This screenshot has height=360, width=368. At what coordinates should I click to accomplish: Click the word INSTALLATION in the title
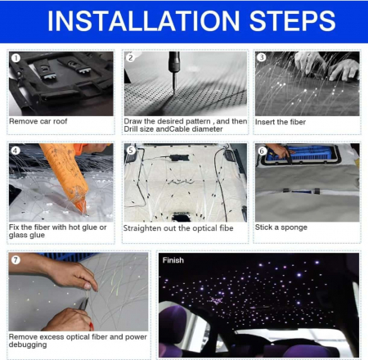click(x=143, y=21)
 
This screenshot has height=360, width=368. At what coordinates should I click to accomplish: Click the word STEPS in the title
click(x=292, y=21)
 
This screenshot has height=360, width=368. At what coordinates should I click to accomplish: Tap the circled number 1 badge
click(x=16, y=58)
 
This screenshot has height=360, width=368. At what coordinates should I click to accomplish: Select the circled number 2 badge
click(x=131, y=57)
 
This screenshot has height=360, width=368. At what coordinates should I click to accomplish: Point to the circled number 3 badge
click(x=262, y=57)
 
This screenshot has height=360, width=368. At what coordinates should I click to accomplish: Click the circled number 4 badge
click(x=16, y=151)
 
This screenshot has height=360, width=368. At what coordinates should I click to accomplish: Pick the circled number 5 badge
click(x=131, y=150)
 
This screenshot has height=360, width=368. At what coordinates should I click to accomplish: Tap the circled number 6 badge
click(x=262, y=151)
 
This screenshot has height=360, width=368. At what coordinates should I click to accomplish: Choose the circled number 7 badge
click(x=16, y=260)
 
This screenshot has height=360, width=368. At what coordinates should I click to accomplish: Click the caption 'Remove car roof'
click(x=38, y=121)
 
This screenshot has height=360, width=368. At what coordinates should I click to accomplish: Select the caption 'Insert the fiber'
click(x=280, y=122)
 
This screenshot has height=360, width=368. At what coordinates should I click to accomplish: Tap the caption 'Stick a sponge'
click(x=281, y=227)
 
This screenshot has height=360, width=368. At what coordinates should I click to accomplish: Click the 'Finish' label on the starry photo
click(x=173, y=260)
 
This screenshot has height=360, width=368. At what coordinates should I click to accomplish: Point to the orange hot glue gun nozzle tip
click(x=85, y=213)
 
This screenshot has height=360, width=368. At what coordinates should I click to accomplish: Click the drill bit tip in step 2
click(x=173, y=93)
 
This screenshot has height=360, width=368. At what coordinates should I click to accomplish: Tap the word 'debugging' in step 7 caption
click(x=28, y=344)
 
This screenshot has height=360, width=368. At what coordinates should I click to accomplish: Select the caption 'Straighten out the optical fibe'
click(x=178, y=228)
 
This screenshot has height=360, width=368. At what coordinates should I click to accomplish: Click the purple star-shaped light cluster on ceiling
click(x=217, y=300)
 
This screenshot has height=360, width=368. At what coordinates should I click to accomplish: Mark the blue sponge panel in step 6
click(x=299, y=153)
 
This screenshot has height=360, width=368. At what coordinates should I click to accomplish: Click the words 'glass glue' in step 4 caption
click(x=27, y=235)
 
